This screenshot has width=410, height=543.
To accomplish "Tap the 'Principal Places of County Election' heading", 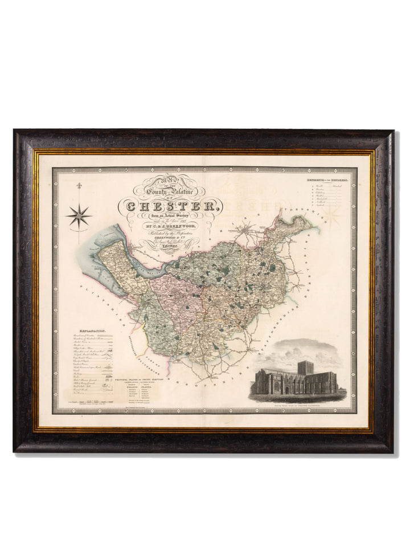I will point(142,378).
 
